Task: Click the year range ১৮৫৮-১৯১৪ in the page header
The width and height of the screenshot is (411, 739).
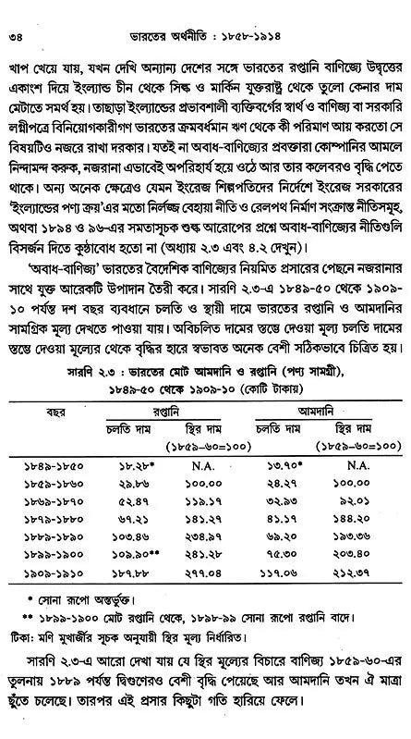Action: point(260,12)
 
